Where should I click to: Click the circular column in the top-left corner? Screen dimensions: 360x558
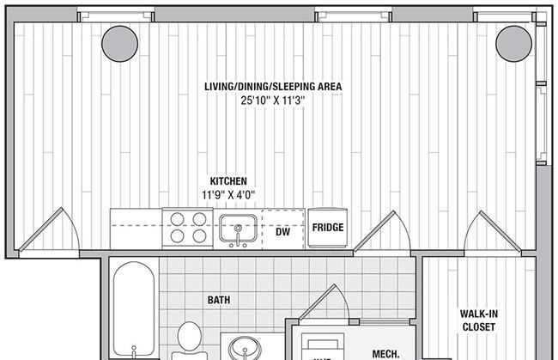[119, 42]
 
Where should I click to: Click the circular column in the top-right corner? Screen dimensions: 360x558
[513, 42]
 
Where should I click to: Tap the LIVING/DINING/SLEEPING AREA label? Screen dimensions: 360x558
[273, 87]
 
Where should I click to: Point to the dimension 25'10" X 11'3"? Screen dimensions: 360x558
[273, 101]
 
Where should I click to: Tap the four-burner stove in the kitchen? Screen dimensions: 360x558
[188, 229]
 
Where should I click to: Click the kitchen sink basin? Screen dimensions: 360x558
[234, 229]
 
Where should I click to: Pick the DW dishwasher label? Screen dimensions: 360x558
[282, 231]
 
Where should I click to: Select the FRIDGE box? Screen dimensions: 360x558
[327, 229]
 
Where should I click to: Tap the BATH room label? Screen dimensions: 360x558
[220, 301]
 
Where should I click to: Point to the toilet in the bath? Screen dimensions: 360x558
[188, 340]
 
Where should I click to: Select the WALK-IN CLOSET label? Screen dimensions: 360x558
[479, 320]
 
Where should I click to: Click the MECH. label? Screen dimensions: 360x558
[384, 353]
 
